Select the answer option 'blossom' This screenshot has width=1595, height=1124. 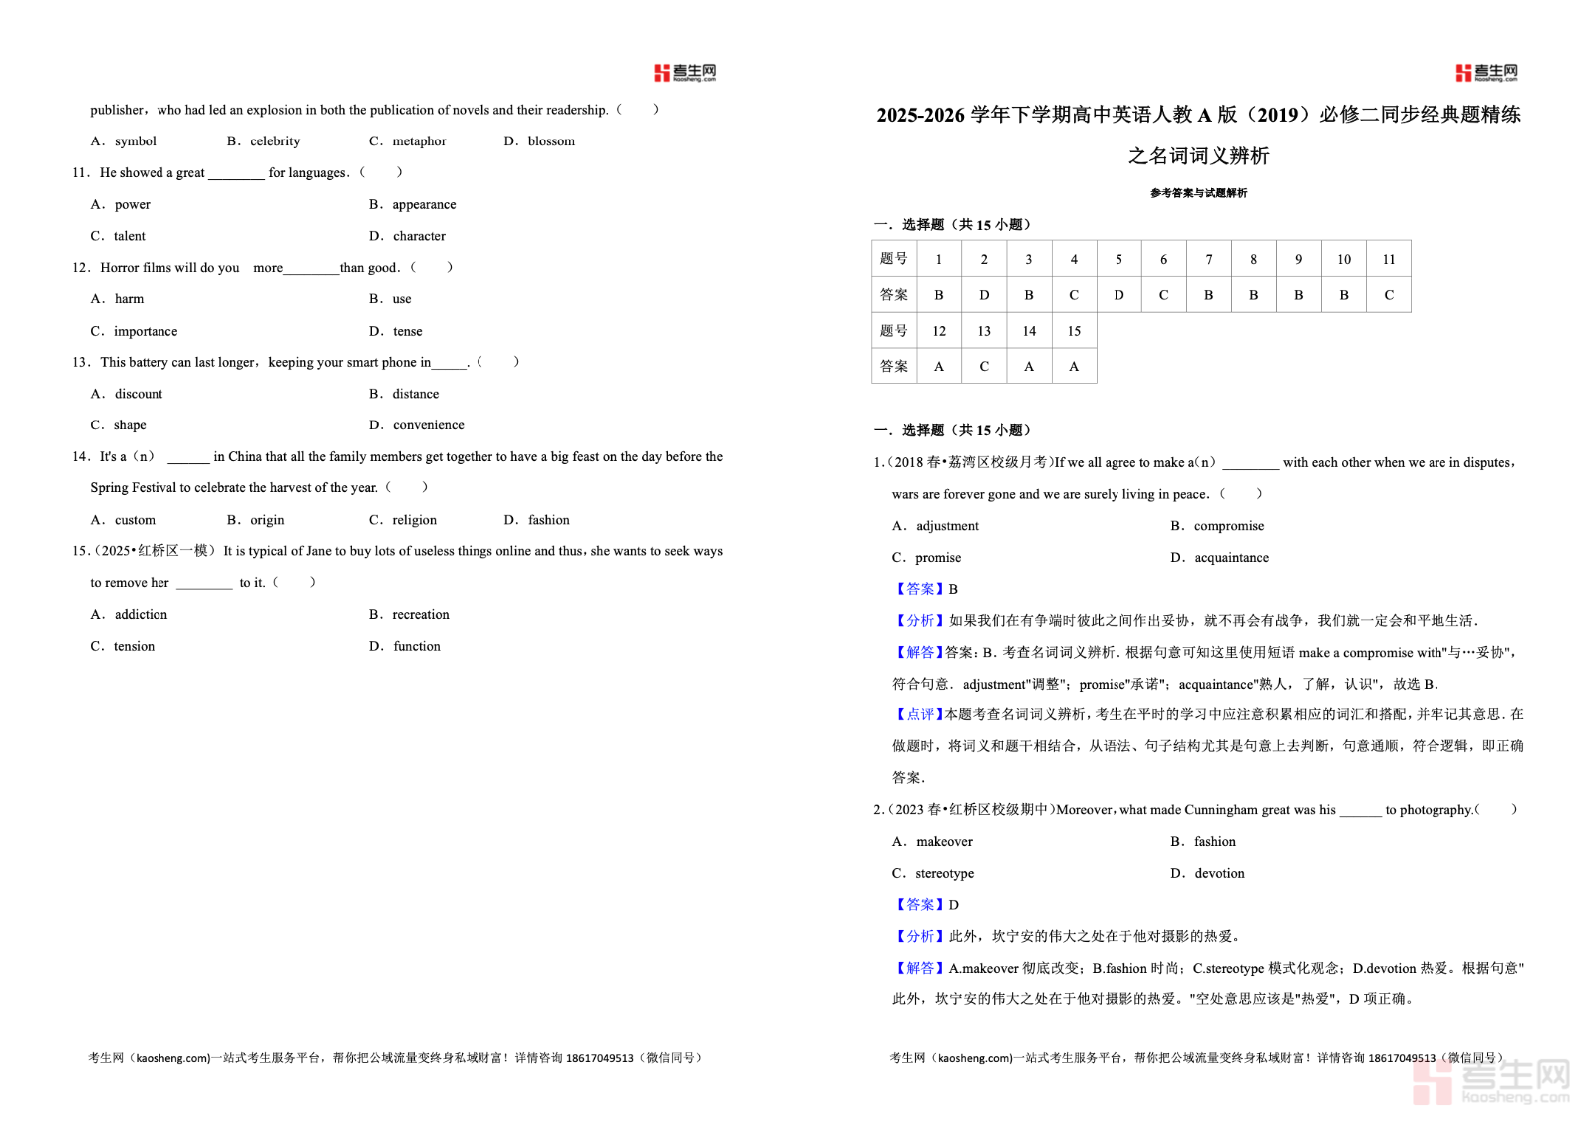tap(551, 141)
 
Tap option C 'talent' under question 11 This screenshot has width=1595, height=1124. tap(129, 236)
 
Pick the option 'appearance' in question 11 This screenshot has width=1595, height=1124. tap(424, 204)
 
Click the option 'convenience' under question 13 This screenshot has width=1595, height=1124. tap(428, 425)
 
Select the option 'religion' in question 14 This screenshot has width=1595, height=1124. tap(414, 520)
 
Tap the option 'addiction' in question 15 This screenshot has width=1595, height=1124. tap(141, 615)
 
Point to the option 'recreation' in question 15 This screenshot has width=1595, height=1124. tap(421, 615)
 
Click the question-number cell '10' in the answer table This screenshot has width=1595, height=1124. tap(1344, 259)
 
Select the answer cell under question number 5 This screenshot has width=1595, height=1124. tap(1118, 295)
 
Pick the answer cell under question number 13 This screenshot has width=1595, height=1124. tap(984, 366)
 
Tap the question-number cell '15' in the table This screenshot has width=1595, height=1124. tap(1074, 331)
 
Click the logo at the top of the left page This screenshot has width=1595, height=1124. tap(685, 73)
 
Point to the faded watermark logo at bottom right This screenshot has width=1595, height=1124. tap(1491, 1081)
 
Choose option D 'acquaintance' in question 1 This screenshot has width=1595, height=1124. tap(1231, 558)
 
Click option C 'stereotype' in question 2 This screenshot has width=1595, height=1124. tap(944, 874)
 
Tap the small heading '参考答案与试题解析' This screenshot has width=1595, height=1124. tap(1198, 193)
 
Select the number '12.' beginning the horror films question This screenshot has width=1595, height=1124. tap(81, 268)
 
